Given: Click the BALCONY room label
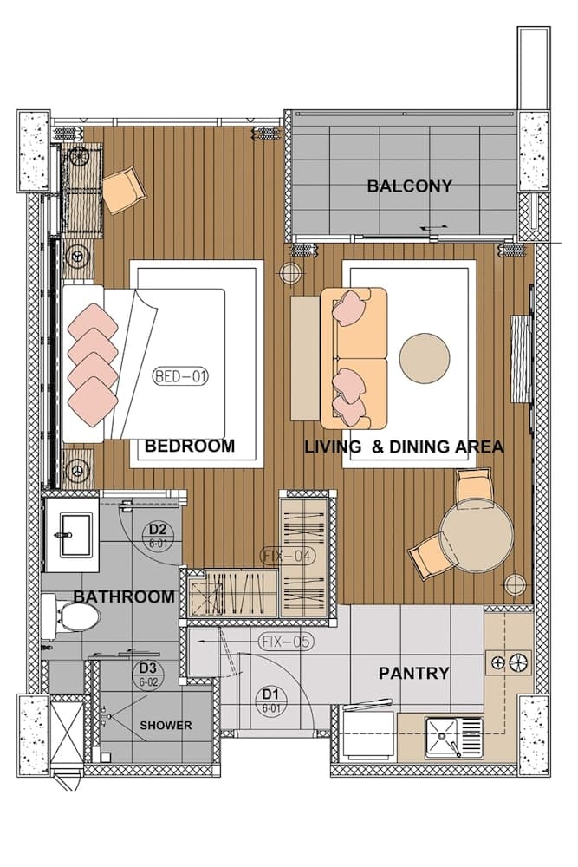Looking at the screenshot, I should tap(409, 186).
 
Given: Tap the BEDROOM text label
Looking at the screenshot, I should tap(189, 447).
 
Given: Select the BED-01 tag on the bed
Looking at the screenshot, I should tap(180, 377).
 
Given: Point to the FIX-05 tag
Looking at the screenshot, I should tap(285, 642).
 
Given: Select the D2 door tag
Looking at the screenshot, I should tap(158, 533).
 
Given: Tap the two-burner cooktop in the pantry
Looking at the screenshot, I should tap(510, 663).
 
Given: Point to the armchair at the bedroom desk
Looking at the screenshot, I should tap(125, 188).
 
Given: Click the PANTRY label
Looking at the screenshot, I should tap(414, 673).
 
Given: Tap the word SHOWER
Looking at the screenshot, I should tap(166, 725).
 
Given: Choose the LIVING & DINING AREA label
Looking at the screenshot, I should tap(404, 447).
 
